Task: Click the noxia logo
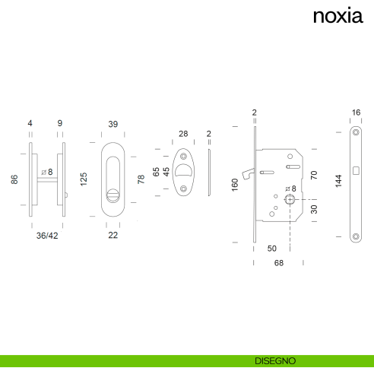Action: click(338, 16)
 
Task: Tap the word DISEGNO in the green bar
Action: click(275, 361)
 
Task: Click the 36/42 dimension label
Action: click(47, 236)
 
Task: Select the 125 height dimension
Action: click(84, 179)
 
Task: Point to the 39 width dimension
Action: click(113, 124)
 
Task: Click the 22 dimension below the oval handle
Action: click(113, 235)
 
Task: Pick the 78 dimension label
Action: click(141, 179)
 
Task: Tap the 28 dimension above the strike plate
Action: click(183, 134)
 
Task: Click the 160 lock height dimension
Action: click(235, 185)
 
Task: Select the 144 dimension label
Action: click(338, 181)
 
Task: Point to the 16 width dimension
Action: click(356, 113)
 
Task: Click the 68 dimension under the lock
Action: click(279, 263)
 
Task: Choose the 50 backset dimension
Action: click(272, 249)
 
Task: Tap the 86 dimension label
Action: click(14, 179)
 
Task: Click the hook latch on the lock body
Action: click(248, 174)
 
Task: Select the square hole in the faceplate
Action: click(356, 171)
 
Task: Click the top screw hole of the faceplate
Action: click(356, 132)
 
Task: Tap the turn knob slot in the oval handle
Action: click(113, 195)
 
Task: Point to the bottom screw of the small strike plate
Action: click(183, 189)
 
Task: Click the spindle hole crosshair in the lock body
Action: click(290, 200)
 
